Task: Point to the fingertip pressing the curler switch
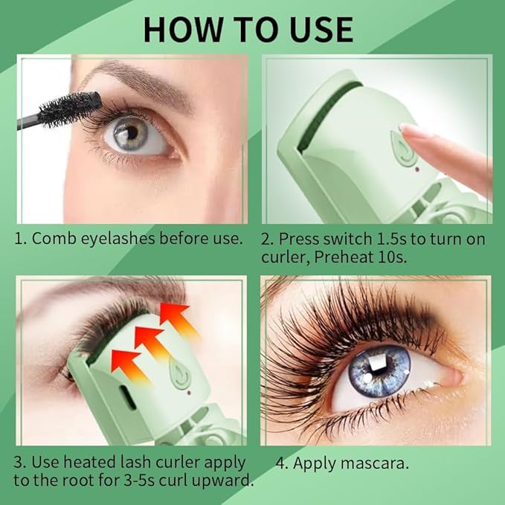[414, 133]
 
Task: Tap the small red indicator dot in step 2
[417, 168]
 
